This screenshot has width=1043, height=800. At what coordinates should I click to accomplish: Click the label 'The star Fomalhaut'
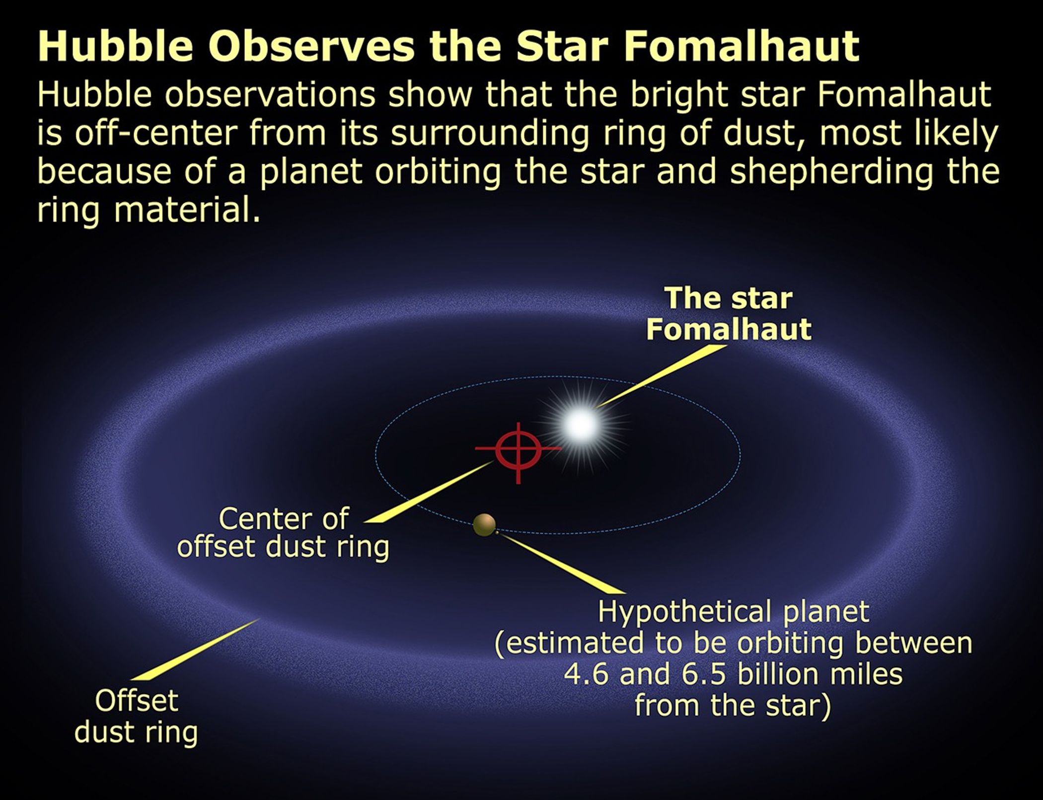729,314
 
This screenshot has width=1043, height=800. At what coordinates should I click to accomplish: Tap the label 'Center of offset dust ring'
284,533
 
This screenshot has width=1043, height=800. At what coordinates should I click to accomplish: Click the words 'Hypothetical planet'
733,612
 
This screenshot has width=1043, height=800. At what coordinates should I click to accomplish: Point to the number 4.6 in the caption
586,674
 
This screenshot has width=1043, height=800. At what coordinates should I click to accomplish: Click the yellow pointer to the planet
561,564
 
